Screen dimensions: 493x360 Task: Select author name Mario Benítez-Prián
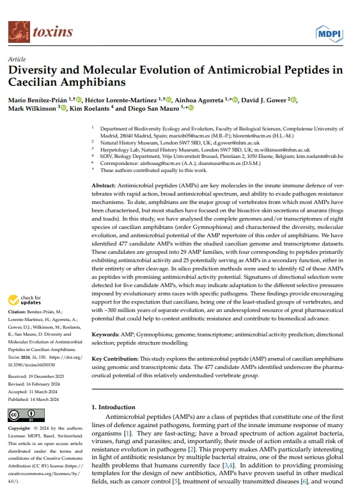pyautogui.click(x=38, y=100)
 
